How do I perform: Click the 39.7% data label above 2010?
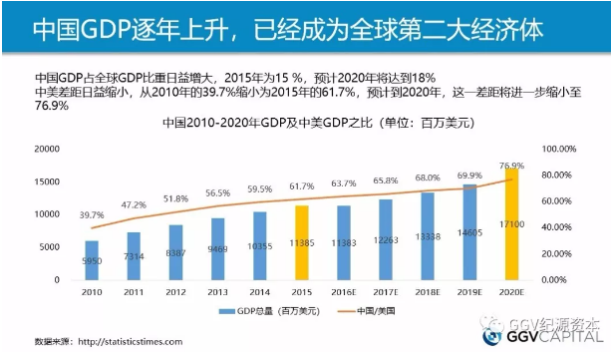[92, 215]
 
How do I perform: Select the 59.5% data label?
[260, 188]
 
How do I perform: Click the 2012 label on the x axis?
[176, 293]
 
